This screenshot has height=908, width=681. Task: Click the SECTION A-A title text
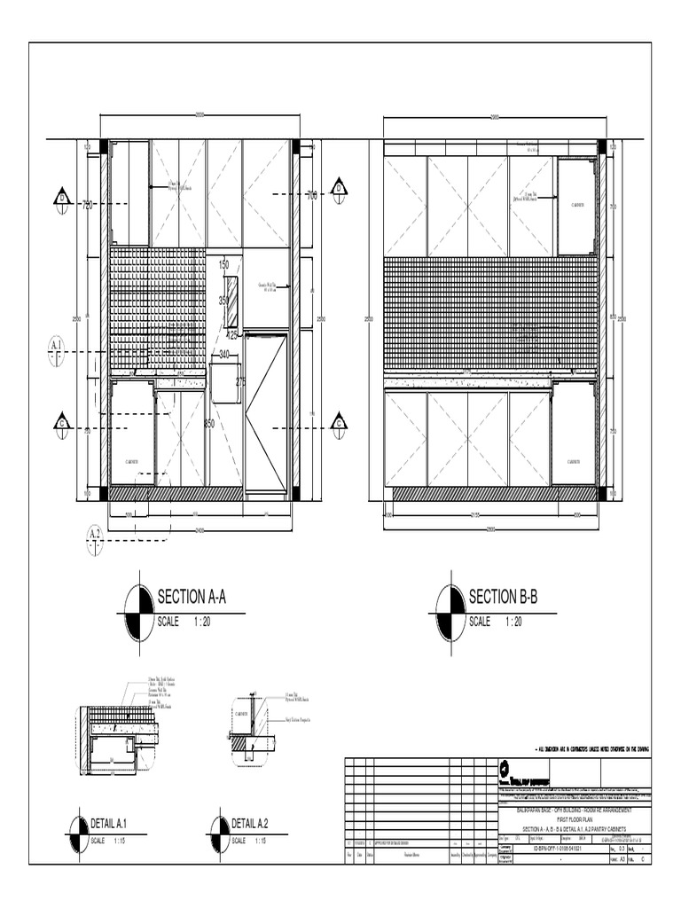click(192, 597)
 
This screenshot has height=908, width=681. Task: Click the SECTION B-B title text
click(503, 596)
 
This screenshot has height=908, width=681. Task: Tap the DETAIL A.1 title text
click(116, 824)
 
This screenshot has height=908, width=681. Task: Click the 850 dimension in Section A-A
click(209, 423)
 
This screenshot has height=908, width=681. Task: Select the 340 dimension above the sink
click(224, 355)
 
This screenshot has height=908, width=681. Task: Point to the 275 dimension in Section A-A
click(240, 381)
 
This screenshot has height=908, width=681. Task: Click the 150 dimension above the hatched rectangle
click(223, 265)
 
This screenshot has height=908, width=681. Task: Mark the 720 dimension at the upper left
click(88, 206)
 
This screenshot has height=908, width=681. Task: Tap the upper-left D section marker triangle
click(63, 198)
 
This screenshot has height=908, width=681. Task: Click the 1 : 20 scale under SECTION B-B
click(510, 622)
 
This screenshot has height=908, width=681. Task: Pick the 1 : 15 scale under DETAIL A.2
click(262, 840)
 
